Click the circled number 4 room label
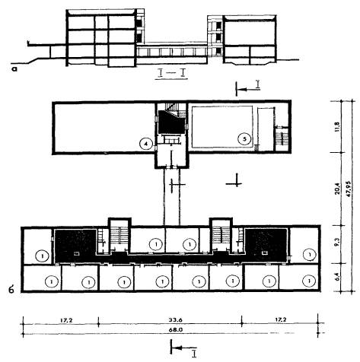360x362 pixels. point(145,144)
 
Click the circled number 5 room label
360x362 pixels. point(244,139)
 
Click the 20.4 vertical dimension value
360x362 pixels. point(337,189)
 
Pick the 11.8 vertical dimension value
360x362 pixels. point(337,127)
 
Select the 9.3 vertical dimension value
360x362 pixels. point(337,244)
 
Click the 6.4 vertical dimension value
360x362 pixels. point(337,277)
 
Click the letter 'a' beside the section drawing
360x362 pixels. point(14,68)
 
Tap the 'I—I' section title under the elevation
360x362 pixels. point(171,73)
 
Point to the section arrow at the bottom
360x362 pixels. point(183,348)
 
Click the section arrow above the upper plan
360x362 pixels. point(248,89)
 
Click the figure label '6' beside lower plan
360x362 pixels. point(11,290)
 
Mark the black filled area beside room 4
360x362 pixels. point(171,122)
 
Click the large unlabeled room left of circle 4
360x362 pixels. point(104,128)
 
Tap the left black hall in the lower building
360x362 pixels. point(75,246)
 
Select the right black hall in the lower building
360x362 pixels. point(266,246)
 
